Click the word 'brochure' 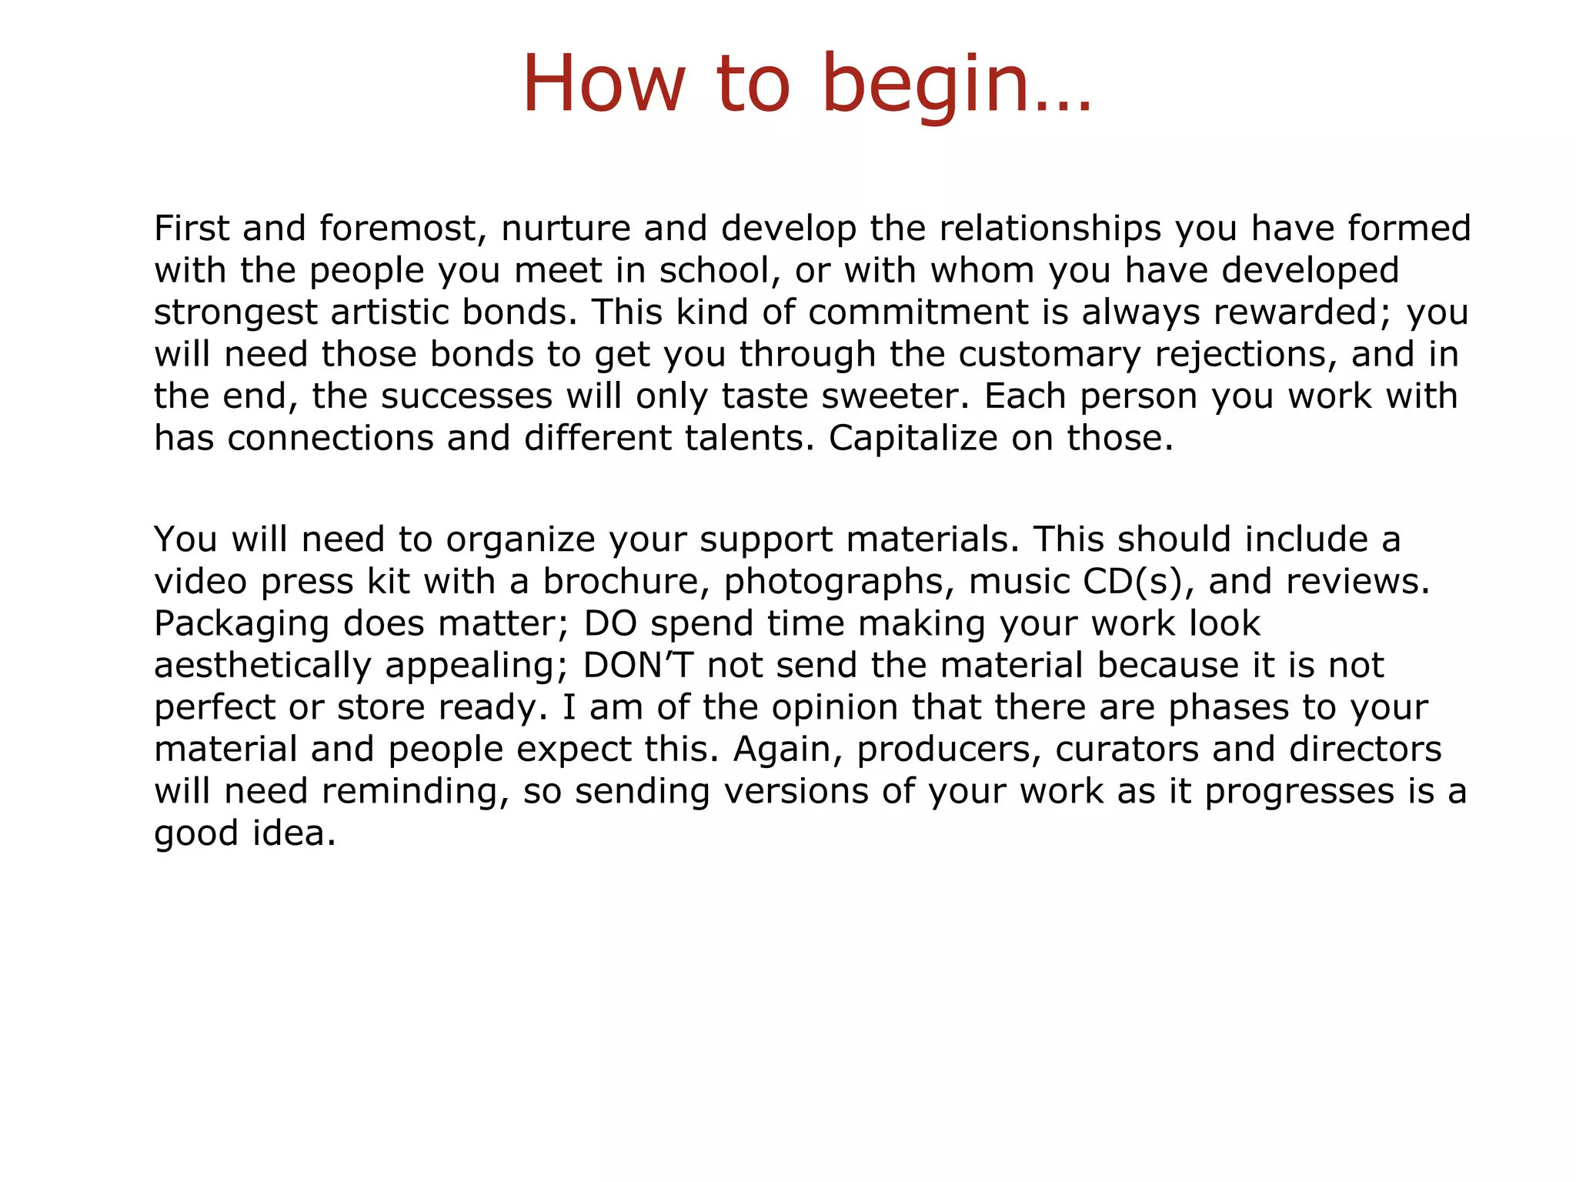[x=626, y=581]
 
